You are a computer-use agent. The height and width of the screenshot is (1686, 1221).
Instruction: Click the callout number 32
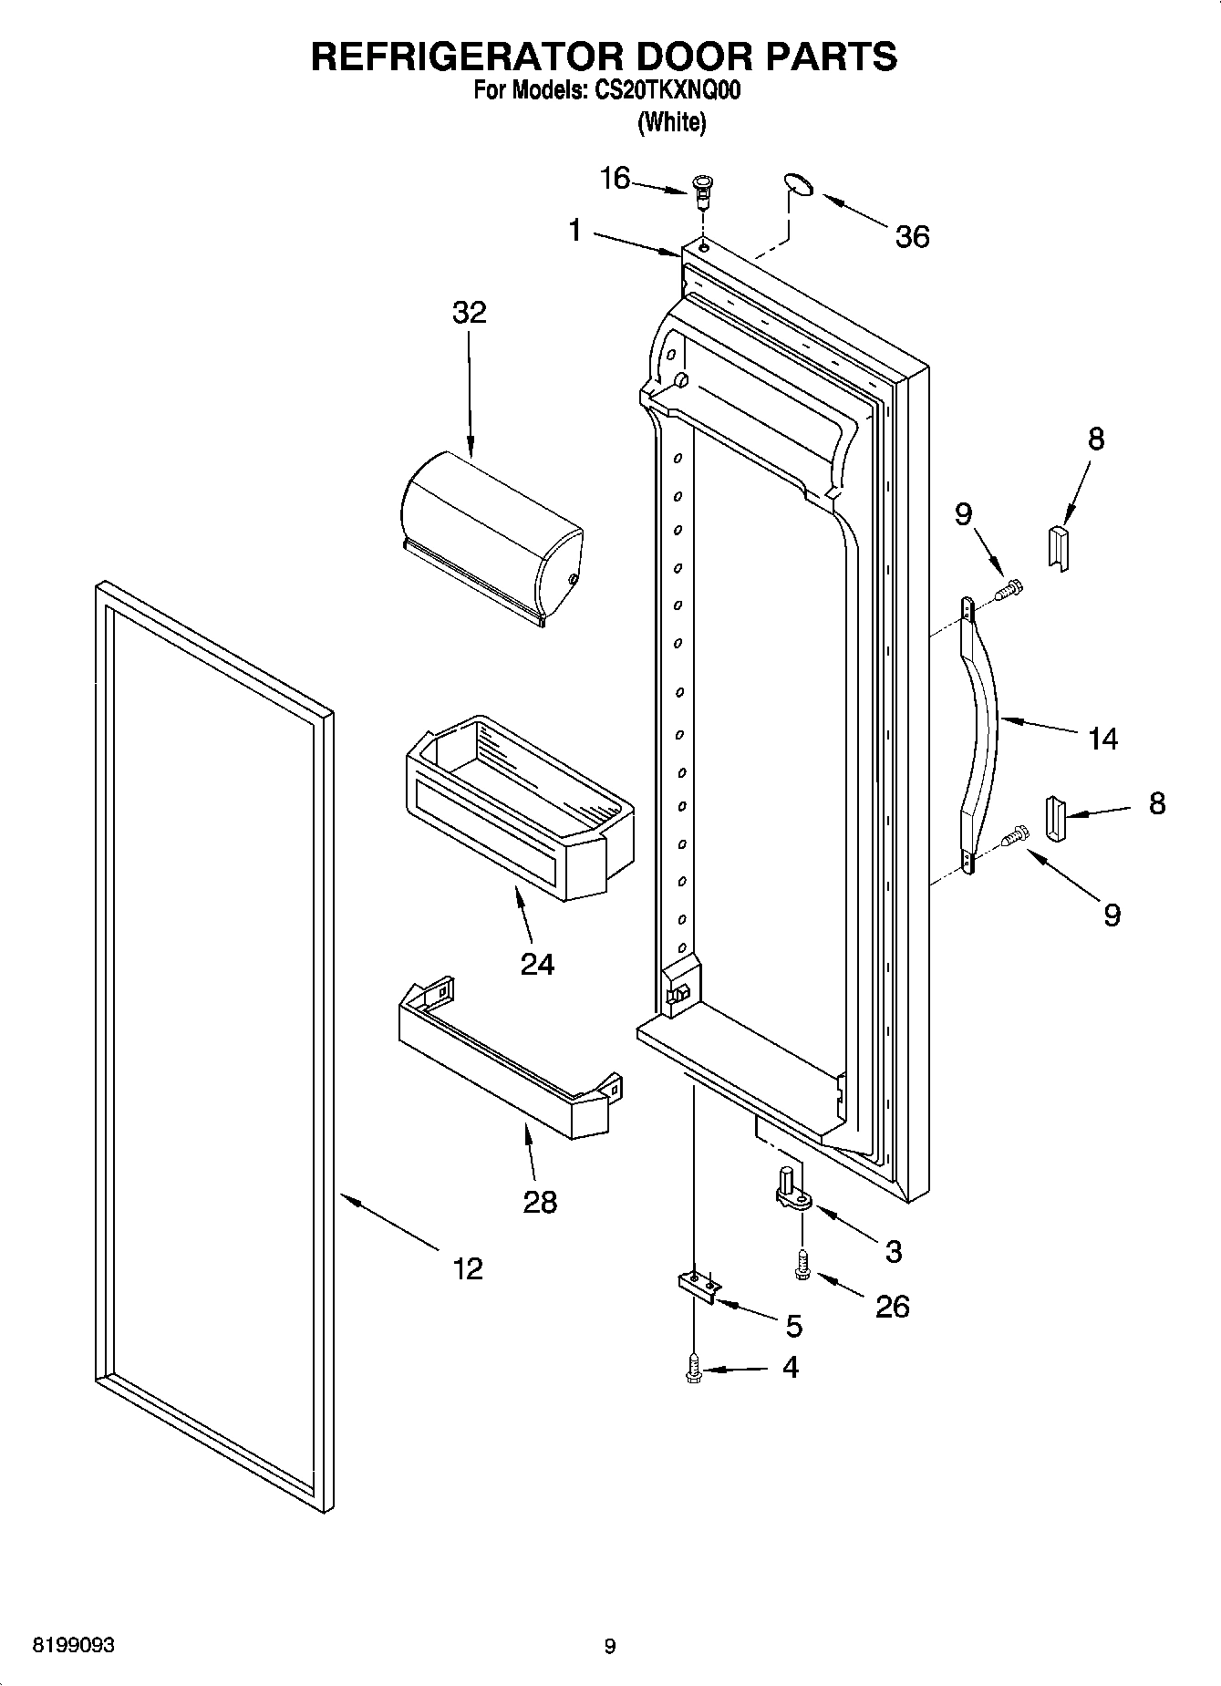click(470, 312)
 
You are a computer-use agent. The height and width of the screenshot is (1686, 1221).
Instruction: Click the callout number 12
click(468, 1267)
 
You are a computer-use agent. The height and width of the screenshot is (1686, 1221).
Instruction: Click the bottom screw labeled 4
click(694, 1369)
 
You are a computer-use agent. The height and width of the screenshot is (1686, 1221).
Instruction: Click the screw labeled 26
click(802, 1264)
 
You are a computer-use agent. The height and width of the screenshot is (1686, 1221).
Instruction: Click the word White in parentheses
click(672, 121)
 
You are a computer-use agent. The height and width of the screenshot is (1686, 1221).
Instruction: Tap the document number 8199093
click(74, 1646)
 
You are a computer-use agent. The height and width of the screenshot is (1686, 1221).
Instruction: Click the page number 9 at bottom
click(610, 1646)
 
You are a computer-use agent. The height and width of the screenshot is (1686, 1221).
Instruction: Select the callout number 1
click(574, 231)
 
